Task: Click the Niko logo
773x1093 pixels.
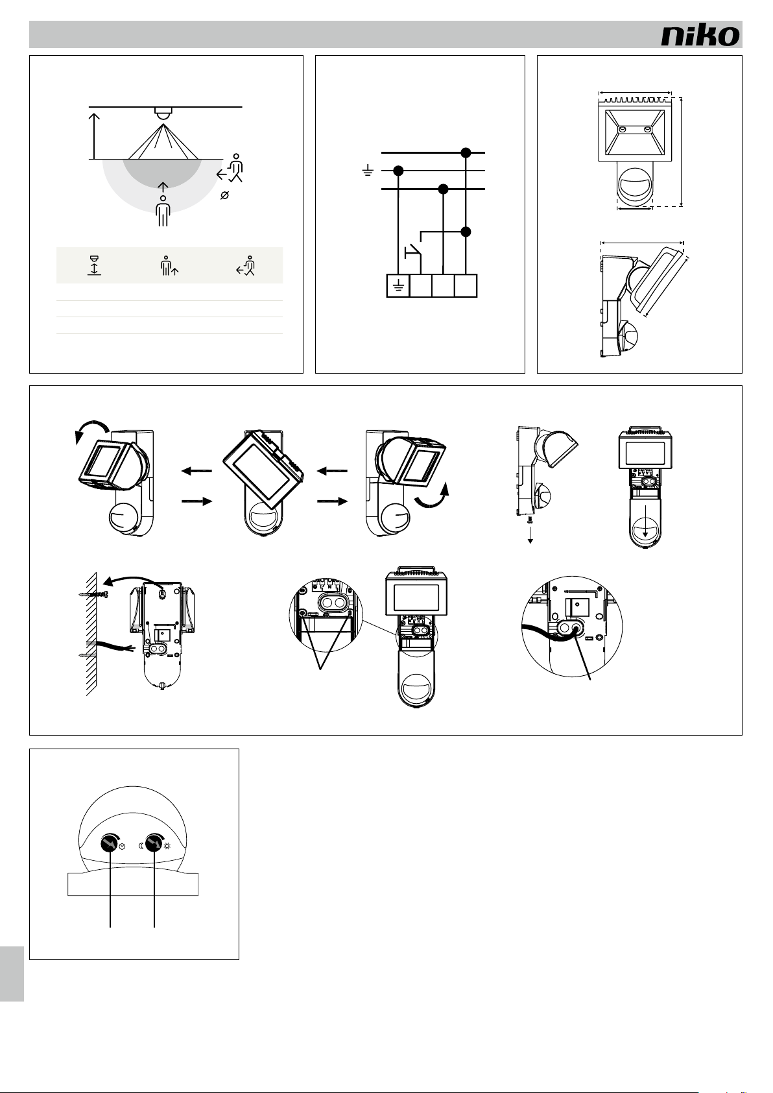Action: (700, 35)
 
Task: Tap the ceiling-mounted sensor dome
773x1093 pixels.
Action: (163, 112)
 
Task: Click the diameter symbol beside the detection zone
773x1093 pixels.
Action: (224, 195)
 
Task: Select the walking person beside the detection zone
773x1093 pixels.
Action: (231, 169)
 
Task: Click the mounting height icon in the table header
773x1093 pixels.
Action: (94, 265)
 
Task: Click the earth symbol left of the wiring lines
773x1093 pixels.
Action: (368, 171)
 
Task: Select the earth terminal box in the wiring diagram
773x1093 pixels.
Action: (398, 285)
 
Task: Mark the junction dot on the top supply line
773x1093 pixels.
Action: (466, 152)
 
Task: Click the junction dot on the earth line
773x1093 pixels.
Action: (398, 171)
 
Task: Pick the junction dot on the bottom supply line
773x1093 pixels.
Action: (444, 189)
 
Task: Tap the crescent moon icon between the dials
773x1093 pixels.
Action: (141, 846)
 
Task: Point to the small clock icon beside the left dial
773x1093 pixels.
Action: (122, 846)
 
